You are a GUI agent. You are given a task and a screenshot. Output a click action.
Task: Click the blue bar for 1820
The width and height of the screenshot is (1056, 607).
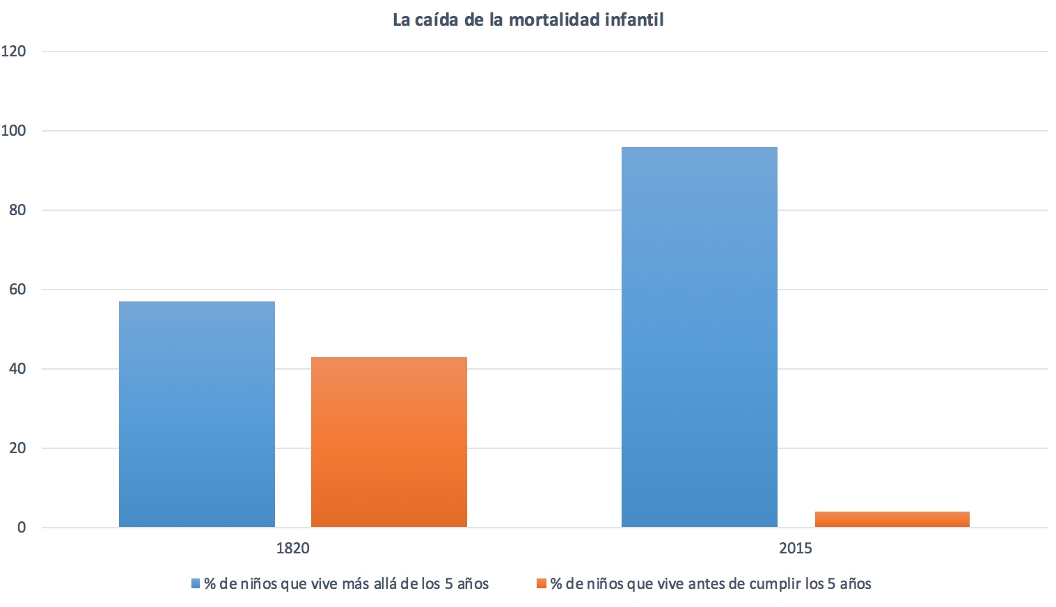197,414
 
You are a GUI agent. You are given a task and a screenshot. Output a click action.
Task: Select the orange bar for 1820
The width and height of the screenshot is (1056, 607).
388,442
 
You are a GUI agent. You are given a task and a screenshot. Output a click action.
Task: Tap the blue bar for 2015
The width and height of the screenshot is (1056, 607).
699,337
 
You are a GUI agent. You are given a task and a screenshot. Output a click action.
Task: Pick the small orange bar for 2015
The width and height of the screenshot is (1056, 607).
892,519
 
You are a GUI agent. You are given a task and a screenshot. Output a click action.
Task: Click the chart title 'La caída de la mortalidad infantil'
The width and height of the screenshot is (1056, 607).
528,19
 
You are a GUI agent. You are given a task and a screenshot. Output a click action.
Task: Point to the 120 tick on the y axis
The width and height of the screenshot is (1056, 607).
14,51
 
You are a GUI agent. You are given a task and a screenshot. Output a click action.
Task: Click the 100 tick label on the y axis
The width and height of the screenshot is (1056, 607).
14,130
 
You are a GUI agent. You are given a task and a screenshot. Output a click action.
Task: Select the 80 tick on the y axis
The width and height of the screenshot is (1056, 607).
17,210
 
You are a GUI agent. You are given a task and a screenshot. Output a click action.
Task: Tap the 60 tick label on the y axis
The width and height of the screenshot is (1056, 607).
17,289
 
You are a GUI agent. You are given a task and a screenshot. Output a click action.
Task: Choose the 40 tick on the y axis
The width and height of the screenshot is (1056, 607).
17,368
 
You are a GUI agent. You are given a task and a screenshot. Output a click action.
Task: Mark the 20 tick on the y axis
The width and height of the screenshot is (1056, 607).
17,448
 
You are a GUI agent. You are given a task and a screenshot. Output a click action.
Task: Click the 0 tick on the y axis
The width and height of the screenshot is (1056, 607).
22,527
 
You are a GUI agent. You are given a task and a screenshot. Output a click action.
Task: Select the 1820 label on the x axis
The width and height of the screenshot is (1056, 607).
292,548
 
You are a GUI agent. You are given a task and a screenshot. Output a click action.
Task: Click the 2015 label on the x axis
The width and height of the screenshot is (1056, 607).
795,548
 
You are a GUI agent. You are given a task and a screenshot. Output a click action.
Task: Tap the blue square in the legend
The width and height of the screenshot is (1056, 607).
196,583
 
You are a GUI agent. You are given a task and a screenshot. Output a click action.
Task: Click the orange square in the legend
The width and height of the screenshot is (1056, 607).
541,583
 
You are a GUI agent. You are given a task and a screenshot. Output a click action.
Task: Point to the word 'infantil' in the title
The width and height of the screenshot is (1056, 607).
634,19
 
